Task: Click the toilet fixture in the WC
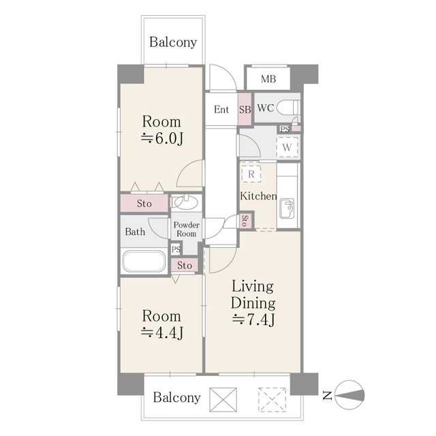point(288,108)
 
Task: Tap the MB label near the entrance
point(268,79)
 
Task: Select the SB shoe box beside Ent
point(245,109)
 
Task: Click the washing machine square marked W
point(287,147)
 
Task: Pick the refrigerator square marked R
point(251,174)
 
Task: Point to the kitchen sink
point(287,208)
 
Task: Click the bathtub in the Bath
point(144,262)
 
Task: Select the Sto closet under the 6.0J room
point(144,203)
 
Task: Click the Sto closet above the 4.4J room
point(185,265)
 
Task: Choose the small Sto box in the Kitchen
point(245,221)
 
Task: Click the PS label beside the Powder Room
point(176,249)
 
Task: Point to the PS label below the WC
point(285,129)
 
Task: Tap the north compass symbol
point(349,394)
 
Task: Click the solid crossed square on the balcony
point(223,400)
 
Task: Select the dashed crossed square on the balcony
point(272,400)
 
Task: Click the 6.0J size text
point(162,138)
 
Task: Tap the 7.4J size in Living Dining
point(253,320)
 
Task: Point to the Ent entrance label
point(221,109)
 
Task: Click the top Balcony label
point(173,42)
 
